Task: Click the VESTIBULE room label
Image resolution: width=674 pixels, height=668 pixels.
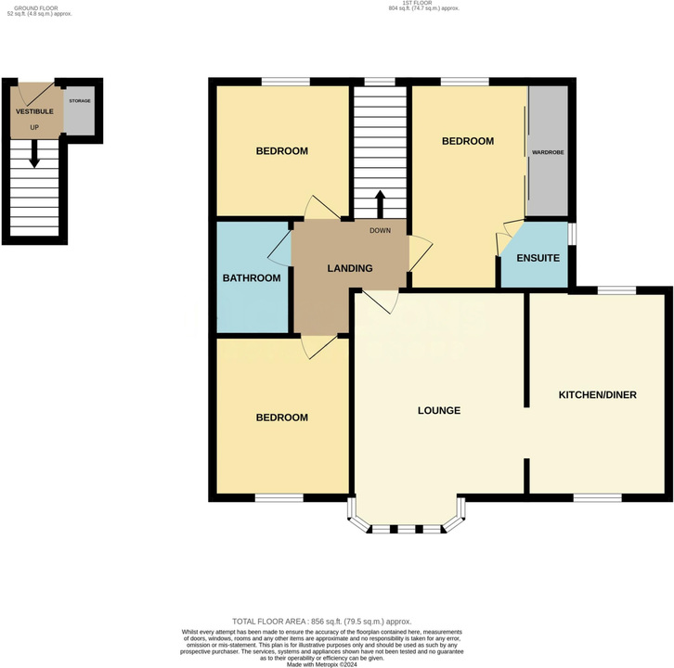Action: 34,111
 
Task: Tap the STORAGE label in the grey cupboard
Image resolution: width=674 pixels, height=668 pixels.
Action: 80,101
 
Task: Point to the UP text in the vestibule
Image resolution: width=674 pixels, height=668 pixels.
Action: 34,127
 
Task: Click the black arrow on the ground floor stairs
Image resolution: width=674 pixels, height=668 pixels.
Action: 34,153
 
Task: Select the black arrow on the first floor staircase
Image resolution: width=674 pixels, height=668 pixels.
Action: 380,204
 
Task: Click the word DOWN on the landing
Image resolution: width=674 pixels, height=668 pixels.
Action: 381,231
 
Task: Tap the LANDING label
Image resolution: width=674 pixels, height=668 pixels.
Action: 350,268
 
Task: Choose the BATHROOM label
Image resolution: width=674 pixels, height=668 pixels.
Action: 252,278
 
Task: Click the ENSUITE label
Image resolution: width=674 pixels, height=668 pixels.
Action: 538,258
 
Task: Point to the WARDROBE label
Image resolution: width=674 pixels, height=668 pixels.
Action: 548,152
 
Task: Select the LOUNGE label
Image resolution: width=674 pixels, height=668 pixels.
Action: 439,411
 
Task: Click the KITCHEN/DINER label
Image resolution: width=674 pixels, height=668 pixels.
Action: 598,395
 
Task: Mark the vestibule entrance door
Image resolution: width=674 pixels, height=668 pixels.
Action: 39,95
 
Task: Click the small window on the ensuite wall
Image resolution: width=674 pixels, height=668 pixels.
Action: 572,233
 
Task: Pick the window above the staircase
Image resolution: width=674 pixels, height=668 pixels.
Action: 380,82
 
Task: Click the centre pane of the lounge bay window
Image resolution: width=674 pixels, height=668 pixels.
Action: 407,529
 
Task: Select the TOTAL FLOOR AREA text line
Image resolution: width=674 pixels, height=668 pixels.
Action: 322,622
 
